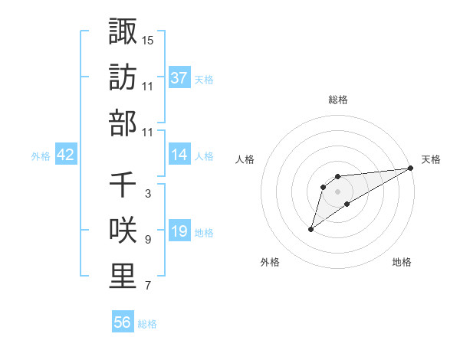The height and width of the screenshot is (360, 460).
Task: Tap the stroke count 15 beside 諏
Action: tap(148, 39)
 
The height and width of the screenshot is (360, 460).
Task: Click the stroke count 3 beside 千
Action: tap(147, 194)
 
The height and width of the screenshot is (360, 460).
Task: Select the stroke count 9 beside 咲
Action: tap(147, 240)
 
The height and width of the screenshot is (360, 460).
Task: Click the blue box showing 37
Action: tap(179, 77)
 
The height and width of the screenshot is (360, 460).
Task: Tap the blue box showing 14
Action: tap(179, 155)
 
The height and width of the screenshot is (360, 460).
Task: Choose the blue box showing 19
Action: tap(179, 232)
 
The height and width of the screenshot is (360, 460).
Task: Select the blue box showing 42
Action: tap(66, 155)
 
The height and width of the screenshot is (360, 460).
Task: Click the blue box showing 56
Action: tap(123, 322)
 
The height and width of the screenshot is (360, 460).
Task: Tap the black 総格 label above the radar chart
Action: tap(338, 100)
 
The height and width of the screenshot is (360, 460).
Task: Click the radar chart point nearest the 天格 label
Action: tap(411, 169)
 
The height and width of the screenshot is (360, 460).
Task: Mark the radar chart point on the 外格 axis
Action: tap(310, 229)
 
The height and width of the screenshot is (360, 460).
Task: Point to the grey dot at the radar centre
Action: tap(338, 191)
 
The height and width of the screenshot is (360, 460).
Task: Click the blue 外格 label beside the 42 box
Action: tap(41, 155)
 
